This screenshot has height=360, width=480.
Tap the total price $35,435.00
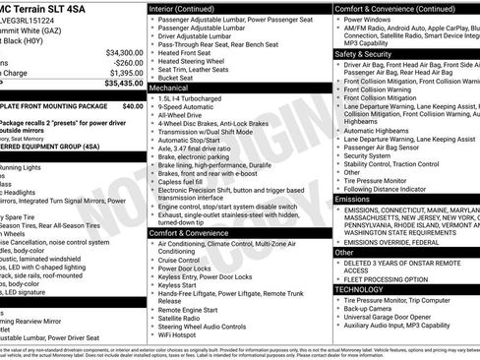[123, 84]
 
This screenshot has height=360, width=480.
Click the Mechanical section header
[168, 87]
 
